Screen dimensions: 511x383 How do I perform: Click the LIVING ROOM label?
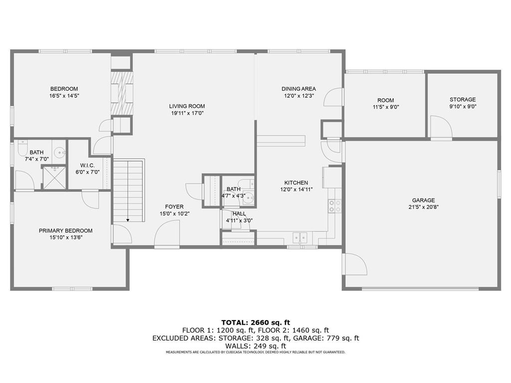coord(187,106)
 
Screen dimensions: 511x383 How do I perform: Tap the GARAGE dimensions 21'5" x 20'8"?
coord(423,207)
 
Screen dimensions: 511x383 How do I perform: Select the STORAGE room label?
coord(463,100)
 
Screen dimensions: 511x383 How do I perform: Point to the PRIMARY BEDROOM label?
coord(65,230)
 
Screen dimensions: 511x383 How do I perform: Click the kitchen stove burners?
coord(335,206)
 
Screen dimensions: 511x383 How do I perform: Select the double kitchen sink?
coord(300,238)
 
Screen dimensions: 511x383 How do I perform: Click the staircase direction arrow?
coord(128,220)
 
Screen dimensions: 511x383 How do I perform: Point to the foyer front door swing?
coord(167,232)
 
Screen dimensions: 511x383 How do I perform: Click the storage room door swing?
coord(441,127)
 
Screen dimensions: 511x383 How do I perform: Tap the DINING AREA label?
coord(298,89)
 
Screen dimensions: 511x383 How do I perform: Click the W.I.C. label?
coord(87,166)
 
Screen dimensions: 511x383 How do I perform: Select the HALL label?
coord(239,213)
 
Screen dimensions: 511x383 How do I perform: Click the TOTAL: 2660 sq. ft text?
coord(255,323)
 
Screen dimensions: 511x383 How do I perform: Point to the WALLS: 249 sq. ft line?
coord(255,346)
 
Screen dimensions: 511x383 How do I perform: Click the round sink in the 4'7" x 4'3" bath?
coord(250,197)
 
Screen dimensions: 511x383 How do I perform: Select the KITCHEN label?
coord(296,183)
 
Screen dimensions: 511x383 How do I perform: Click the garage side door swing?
coord(355,264)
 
